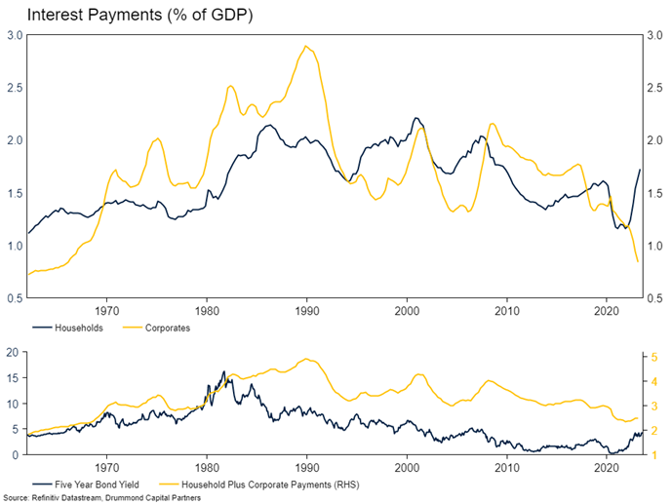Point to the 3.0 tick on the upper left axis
(x=16, y=35)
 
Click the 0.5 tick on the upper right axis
(x=654, y=298)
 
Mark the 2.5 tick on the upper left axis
(x=16, y=88)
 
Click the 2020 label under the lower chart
(x=606, y=467)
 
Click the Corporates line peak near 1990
(x=306, y=46)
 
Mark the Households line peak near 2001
(x=416, y=118)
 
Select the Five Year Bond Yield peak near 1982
(x=224, y=371)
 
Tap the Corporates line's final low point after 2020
(x=639, y=261)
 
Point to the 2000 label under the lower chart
(x=407, y=467)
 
